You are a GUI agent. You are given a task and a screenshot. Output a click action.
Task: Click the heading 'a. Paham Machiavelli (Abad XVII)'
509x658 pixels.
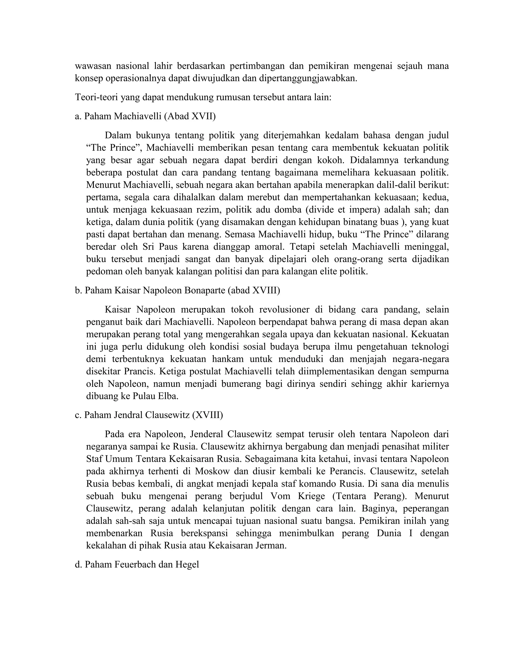tap(145, 116)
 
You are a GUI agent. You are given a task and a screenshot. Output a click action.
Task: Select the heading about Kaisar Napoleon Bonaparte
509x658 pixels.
tap(177, 291)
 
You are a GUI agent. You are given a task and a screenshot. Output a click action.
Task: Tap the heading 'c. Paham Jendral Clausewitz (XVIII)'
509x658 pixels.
tap(149, 415)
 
